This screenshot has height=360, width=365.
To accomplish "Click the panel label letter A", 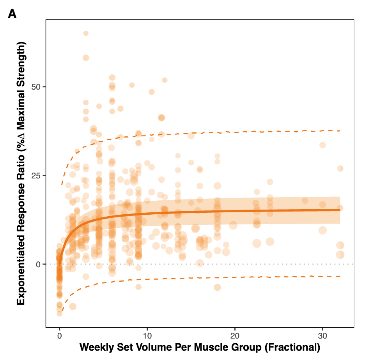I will point(12,14).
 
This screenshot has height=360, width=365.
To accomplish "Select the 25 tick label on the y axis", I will point(36,175).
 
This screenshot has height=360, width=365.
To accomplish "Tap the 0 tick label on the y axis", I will point(39,264).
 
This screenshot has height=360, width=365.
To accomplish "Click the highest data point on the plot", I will point(86,33).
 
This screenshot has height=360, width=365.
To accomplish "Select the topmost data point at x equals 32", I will point(340,168).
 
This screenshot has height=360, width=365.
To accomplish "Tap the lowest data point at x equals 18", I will point(217,288).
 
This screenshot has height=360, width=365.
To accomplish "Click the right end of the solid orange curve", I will point(340,210).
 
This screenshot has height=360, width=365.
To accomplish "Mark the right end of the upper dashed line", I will point(340,131).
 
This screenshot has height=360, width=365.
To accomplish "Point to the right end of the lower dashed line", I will point(340,276).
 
